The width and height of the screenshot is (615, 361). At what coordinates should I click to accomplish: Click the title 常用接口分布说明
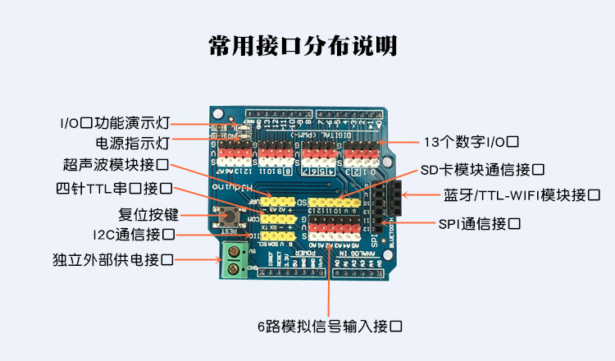(x=307, y=46)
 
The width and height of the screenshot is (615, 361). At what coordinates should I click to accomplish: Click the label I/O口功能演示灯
(x=114, y=123)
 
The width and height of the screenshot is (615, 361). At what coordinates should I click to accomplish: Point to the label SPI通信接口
(x=479, y=222)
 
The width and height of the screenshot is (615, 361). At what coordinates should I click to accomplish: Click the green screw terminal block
(x=234, y=263)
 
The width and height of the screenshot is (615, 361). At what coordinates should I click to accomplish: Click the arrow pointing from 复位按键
(x=198, y=215)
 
